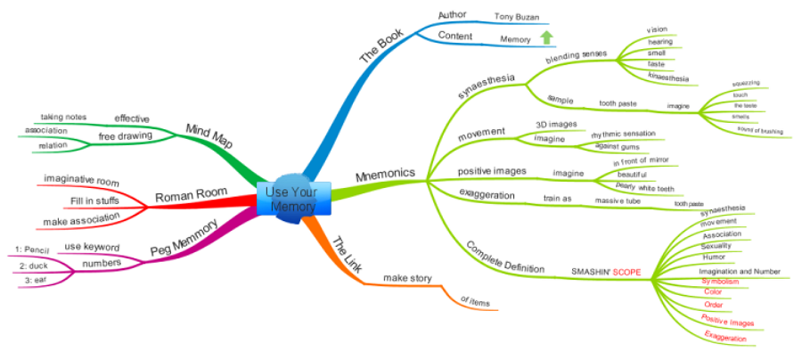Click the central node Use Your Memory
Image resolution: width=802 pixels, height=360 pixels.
[x=291, y=199]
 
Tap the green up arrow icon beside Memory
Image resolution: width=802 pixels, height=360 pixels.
[x=546, y=37]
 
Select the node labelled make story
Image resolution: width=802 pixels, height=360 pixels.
[x=407, y=278]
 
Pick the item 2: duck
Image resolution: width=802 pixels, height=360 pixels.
[x=32, y=265]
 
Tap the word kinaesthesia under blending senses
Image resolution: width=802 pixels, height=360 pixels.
[x=668, y=78]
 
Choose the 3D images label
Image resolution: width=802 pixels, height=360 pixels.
[x=555, y=124]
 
